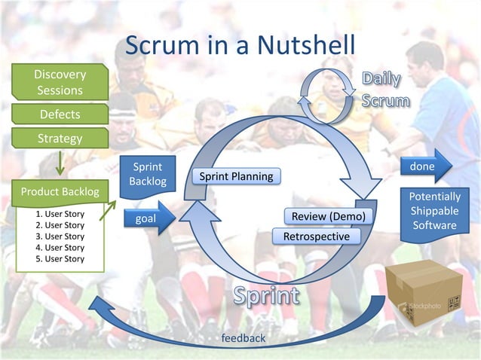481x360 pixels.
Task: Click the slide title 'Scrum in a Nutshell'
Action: pos(239,44)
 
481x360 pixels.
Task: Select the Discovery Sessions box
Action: pos(60,82)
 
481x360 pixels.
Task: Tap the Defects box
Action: pos(60,114)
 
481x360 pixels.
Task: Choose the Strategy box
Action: pos(60,139)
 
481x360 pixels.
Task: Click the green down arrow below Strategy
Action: pos(60,163)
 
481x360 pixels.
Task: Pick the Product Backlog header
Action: pos(60,191)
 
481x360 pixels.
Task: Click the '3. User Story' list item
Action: pos(60,236)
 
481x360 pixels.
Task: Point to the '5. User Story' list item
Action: pos(60,258)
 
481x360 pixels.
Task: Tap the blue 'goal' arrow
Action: pos(146,218)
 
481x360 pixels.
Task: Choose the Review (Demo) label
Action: pos(328,217)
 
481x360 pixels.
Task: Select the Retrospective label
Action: pos(316,236)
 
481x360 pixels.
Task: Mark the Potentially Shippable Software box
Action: pos(434,212)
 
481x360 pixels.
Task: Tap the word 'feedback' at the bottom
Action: pos(243,338)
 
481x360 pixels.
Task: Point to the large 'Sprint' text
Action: pos(265,296)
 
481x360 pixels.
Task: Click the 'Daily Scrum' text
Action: pos(385,90)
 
